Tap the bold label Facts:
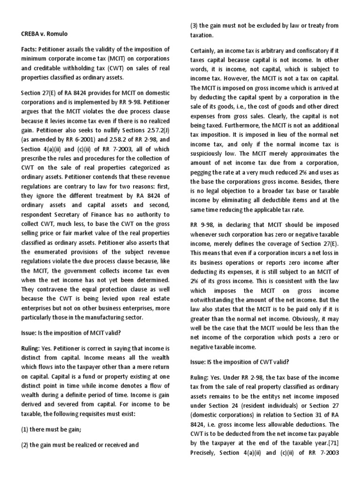[30, 49]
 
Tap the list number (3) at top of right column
[195, 25]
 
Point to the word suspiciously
[211, 143]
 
